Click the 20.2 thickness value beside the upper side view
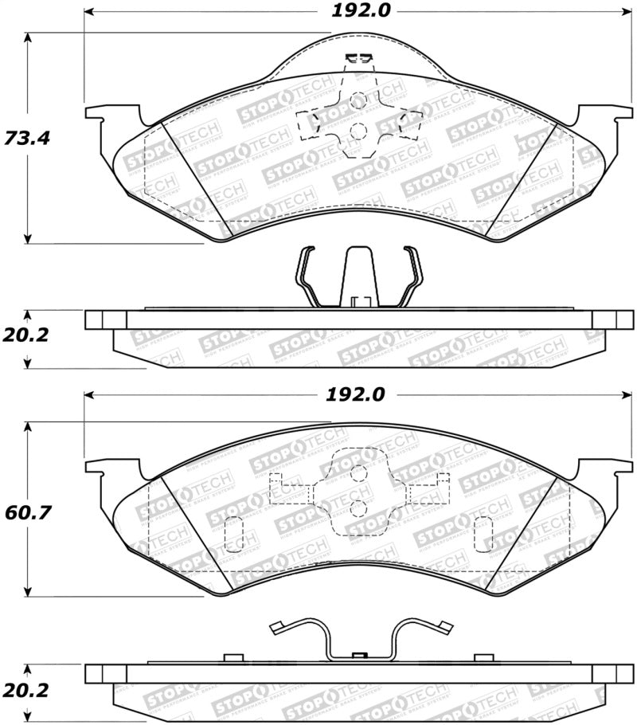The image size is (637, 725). [27, 335]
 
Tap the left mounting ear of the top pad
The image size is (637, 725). [100, 120]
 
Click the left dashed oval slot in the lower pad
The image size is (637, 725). [233, 533]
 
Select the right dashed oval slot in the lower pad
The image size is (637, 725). [483, 533]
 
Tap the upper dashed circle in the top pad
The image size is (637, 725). [358, 101]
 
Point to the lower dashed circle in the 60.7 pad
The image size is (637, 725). [359, 507]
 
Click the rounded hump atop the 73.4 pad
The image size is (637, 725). [358, 56]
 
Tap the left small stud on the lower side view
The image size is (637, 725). [233, 657]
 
